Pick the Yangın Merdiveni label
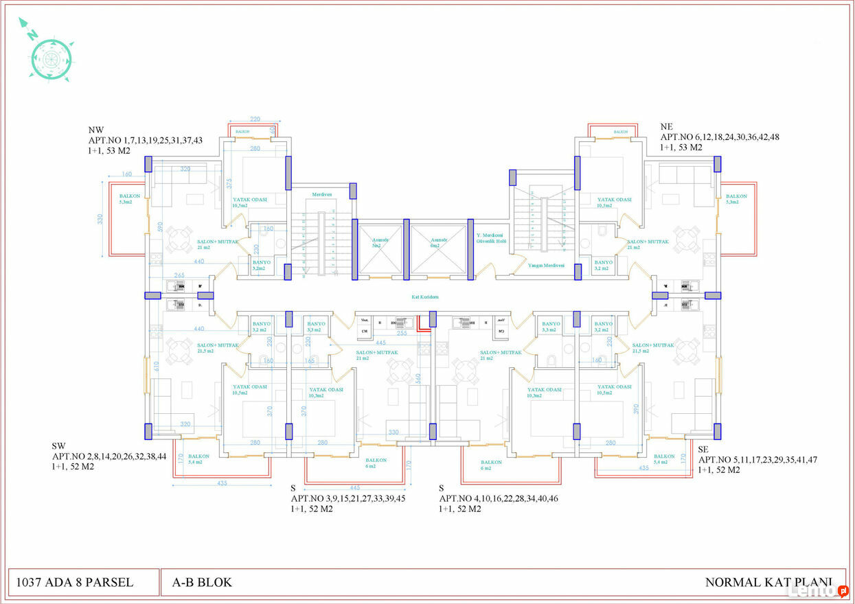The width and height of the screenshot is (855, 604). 546,265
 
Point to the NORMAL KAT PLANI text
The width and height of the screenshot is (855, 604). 768,583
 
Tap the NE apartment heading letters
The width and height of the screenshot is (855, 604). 666,127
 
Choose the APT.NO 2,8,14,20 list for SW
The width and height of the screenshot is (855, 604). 110,456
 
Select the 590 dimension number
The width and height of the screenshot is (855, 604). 160,226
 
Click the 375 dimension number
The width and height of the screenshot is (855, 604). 229,183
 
